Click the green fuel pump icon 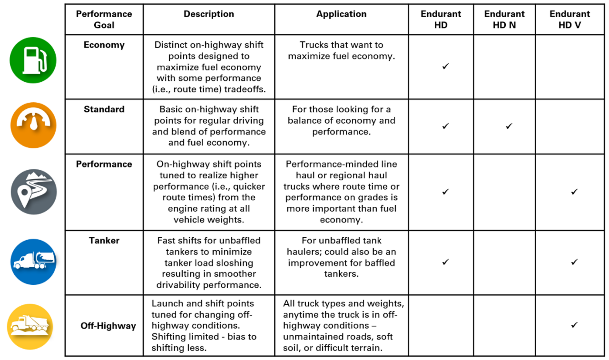tap(33, 60)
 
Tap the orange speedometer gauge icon tap(33, 126)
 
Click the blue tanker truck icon tap(33, 262)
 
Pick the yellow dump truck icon tap(29, 327)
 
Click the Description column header tap(209, 14)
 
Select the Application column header tap(341, 14)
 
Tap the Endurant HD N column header tap(504, 19)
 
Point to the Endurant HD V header tap(570, 19)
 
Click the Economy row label tap(104, 45)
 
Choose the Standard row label tap(104, 109)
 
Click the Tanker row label tap(104, 241)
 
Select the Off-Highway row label tap(108, 326)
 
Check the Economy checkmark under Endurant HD tap(445, 67)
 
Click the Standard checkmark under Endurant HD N tap(509, 126)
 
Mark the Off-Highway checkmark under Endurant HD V tap(574, 325)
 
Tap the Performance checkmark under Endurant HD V tap(574, 192)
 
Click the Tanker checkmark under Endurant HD tap(445, 262)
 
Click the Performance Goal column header tap(104, 19)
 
